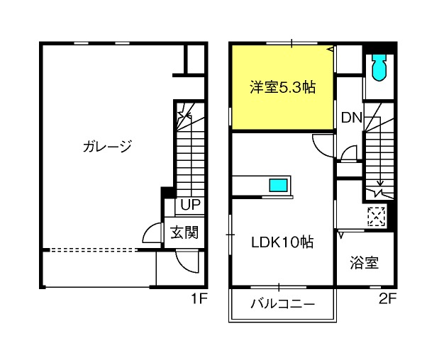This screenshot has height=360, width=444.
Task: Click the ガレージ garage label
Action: pyautogui.click(x=107, y=146)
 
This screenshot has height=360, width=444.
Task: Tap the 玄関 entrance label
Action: pyautogui.click(x=184, y=232)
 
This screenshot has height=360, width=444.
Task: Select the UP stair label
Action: pyautogui.click(x=190, y=205)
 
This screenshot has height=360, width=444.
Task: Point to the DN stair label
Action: pyautogui.click(x=351, y=118)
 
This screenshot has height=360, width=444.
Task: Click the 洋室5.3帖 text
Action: pyautogui.click(x=282, y=87)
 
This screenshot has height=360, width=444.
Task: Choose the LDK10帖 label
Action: pyautogui.click(x=282, y=242)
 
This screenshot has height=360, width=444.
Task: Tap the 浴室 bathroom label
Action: pyautogui.click(x=364, y=262)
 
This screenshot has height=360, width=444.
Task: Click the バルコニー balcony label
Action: pyautogui.click(x=282, y=304)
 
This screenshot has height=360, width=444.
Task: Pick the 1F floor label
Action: pyautogui.click(x=199, y=298)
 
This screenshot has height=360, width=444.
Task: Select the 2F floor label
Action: pyautogui.click(x=387, y=298)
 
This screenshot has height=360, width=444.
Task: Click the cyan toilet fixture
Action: pyautogui.click(x=379, y=67)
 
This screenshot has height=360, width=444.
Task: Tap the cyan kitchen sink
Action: pyautogui.click(x=278, y=185)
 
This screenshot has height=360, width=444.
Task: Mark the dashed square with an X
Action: pyautogui.click(x=377, y=217)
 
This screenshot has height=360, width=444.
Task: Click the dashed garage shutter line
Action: pyautogui.click(x=92, y=250)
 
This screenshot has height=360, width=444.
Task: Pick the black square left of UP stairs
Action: pyautogui.click(x=167, y=193)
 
